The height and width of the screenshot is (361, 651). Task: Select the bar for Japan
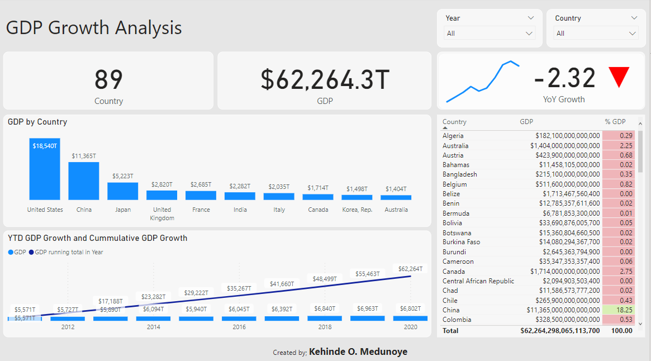(x=122, y=191)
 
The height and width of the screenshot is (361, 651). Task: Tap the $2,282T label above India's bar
(x=240, y=186)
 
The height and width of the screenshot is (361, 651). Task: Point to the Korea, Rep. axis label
(x=357, y=210)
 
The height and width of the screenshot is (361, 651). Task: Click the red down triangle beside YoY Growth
(x=619, y=77)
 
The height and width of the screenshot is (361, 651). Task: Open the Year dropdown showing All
(x=490, y=34)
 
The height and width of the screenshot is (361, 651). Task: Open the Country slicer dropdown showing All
(x=596, y=34)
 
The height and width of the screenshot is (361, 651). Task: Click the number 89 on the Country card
(x=108, y=79)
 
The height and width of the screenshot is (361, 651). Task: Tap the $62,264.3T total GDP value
(x=325, y=79)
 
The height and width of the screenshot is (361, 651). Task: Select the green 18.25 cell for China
(x=619, y=310)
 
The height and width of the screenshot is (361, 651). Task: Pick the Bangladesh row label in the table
(x=460, y=174)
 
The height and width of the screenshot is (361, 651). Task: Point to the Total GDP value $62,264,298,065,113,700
(x=560, y=331)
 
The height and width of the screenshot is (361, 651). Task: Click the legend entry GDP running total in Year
(x=68, y=252)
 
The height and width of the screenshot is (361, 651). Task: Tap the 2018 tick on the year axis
(x=325, y=327)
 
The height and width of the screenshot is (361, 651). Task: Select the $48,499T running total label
(x=325, y=279)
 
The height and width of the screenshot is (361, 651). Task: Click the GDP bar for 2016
(x=239, y=319)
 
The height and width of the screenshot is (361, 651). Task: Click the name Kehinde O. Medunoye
(x=358, y=352)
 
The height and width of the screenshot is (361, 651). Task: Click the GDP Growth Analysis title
(x=94, y=27)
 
